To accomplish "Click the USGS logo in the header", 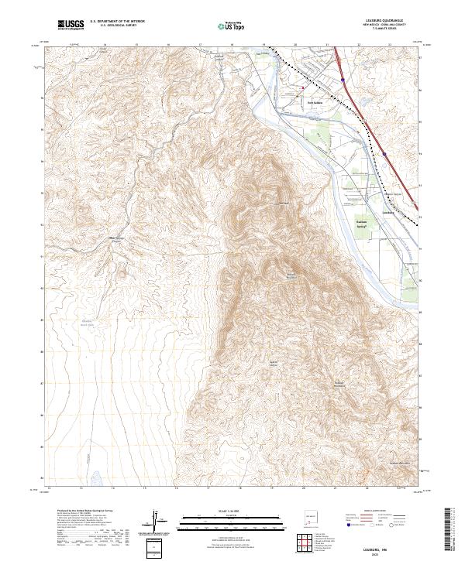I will click(71, 26).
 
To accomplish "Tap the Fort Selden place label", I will click(314, 100).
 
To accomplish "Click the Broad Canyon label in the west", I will click(117, 239).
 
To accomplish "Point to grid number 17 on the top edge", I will click(200, 46).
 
